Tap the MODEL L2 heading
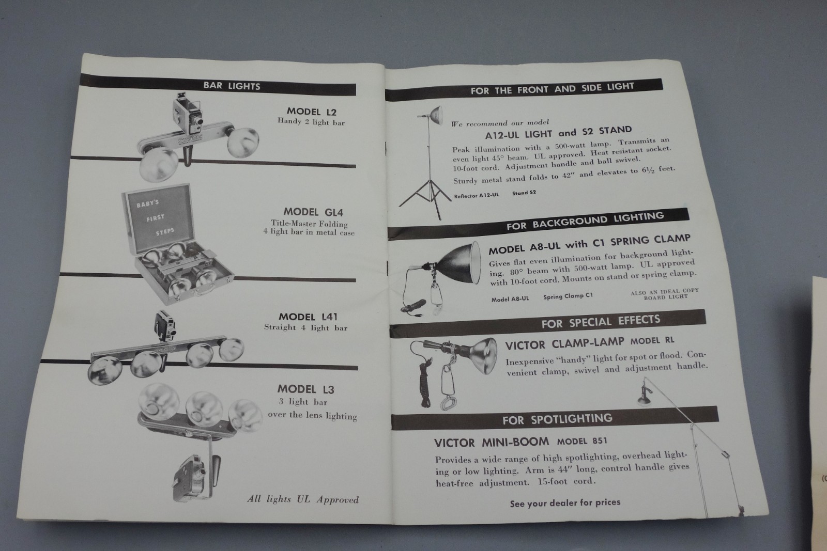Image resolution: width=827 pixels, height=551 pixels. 312,112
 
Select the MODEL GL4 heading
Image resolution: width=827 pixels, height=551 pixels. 313,212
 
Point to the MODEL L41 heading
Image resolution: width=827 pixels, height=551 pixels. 308,317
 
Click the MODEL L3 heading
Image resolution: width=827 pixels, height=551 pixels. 305,389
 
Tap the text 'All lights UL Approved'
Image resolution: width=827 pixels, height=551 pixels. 303,499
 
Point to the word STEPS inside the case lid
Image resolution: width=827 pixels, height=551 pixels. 165,232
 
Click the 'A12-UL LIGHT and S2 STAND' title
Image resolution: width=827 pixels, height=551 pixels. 558,133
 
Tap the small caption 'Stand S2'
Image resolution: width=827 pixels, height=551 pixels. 524,193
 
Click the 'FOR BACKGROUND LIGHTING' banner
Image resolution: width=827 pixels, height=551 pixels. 538,224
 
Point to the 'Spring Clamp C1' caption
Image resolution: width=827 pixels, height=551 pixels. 568,296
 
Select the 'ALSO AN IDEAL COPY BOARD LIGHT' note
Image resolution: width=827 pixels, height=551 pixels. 665,293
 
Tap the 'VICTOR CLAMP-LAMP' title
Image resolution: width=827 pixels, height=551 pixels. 564,344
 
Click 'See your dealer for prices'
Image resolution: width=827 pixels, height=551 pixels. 565,503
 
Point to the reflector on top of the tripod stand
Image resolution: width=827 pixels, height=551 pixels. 435,115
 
